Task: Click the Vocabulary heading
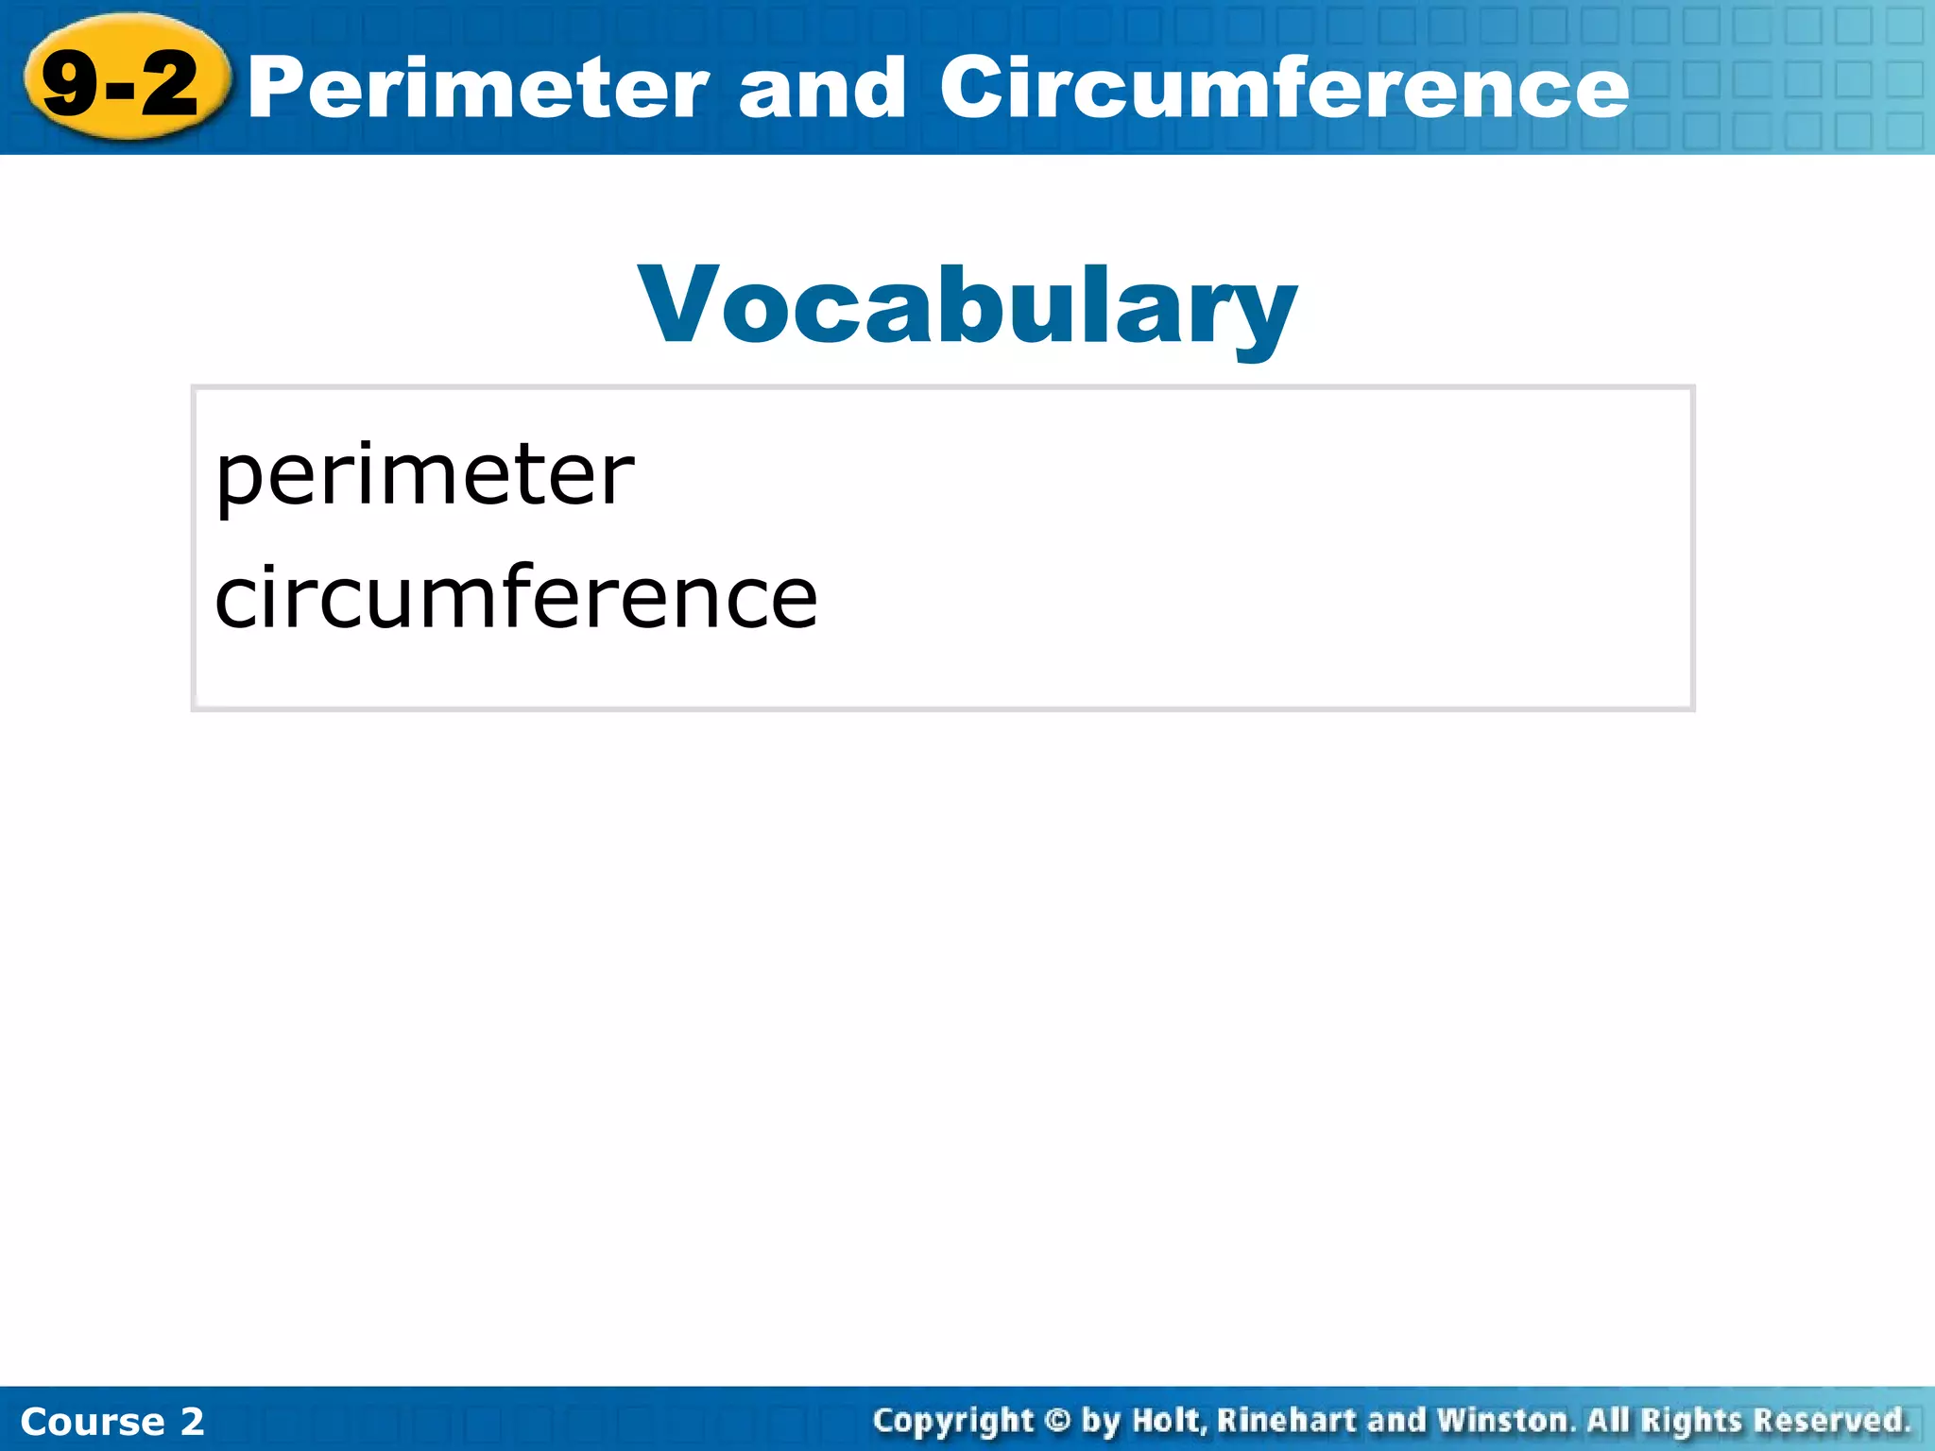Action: tap(967, 307)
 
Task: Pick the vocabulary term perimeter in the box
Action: tap(425, 477)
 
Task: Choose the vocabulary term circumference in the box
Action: tap(516, 597)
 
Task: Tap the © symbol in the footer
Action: tap(1058, 1421)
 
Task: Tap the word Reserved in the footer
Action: tap(1831, 1421)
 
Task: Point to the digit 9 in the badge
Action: tap(70, 85)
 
